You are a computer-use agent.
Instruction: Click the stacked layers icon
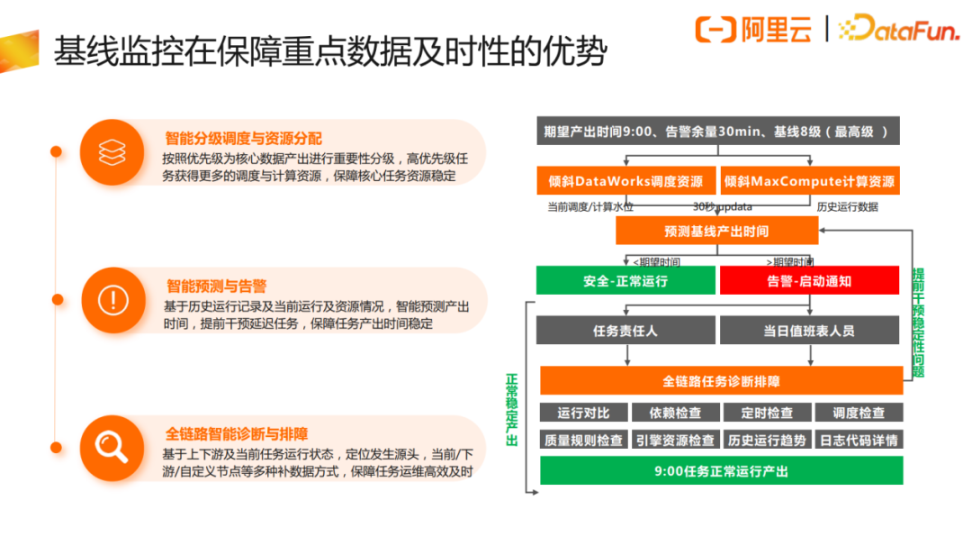point(112,152)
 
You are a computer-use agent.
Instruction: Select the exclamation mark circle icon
point(112,299)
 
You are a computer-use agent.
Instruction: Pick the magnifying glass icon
point(112,446)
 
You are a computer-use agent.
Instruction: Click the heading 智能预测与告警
point(217,286)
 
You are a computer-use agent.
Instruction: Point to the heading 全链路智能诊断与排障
point(243,433)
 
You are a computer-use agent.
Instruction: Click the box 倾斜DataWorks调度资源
point(626,181)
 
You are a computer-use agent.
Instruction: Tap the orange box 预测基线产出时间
point(716,232)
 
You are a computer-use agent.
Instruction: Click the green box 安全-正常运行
point(625,281)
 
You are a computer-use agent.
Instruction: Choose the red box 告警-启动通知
point(809,281)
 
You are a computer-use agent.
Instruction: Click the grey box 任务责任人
point(625,331)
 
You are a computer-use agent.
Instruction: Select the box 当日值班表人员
point(809,331)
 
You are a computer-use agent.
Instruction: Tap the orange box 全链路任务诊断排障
point(721,381)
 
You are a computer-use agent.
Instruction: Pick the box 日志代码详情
point(859,441)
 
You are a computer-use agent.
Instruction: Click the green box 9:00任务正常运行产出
point(721,471)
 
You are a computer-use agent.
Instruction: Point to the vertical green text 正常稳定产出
point(512,410)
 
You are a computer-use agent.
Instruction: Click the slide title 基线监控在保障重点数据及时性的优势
point(329,51)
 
